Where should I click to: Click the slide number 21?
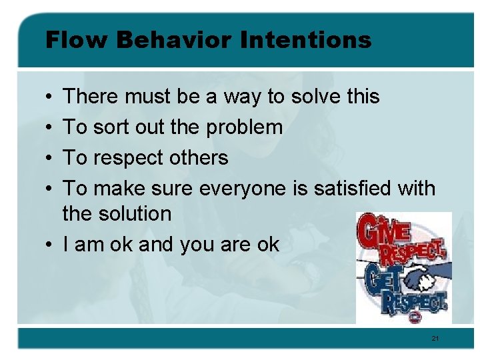[x=435, y=339]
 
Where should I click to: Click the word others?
[x=198, y=158]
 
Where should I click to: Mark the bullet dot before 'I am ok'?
[x=50, y=245]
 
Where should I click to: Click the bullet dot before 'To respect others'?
[x=50, y=159]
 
